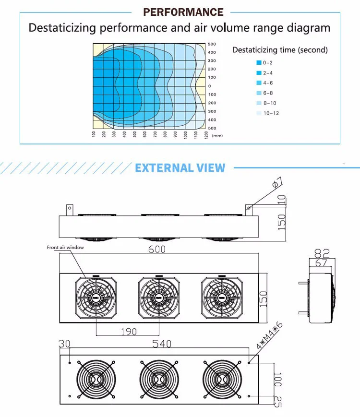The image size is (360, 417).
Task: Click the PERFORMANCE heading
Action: pyautogui.click(x=183, y=12)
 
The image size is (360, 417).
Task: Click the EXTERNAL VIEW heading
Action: pyautogui.click(x=180, y=168)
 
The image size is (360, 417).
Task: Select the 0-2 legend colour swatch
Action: pyautogui.click(x=259, y=63)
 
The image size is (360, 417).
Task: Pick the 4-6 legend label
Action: pyautogui.click(x=268, y=83)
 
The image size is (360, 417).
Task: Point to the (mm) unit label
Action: pyautogui.click(x=217, y=136)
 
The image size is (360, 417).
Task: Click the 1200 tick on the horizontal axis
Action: pyautogui.click(x=206, y=135)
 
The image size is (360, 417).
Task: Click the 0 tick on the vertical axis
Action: pyautogui.click(x=209, y=86)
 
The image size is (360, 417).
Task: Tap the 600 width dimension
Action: pyautogui.click(x=157, y=249)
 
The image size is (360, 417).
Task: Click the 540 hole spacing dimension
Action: pyautogui.click(x=162, y=344)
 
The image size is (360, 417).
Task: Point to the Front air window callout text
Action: pyautogui.click(x=65, y=248)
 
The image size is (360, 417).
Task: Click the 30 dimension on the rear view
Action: pyautogui.click(x=64, y=344)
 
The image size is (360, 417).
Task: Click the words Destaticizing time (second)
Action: pyautogui.click(x=280, y=50)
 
